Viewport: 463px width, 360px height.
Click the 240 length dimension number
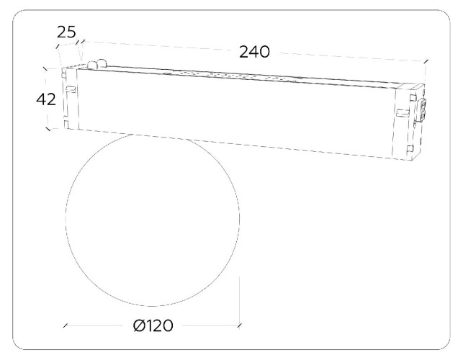[x=254, y=52]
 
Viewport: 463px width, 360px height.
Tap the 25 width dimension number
[x=66, y=32]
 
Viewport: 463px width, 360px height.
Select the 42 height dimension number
[x=46, y=99]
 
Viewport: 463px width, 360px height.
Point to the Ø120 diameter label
[x=153, y=325]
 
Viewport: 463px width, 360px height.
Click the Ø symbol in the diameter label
[x=139, y=325]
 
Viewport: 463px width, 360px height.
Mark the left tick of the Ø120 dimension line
[x=66, y=325]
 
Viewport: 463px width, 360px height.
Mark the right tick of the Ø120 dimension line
[x=240, y=325]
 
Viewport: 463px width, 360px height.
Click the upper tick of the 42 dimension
[x=45, y=69]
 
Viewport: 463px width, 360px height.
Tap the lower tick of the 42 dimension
[x=48, y=129]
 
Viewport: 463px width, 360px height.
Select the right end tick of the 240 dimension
[x=426, y=61]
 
